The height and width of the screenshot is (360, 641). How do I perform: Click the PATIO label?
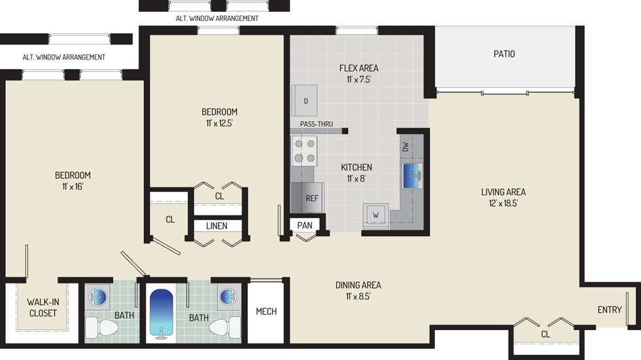(x=504, y=54)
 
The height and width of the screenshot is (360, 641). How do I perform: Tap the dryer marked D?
(x=305, y=101)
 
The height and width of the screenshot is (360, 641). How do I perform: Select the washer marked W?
(x=375, y=215)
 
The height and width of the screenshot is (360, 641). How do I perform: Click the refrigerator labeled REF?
(x=308, y=198)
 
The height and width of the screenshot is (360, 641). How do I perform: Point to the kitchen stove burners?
(x=304, y=151)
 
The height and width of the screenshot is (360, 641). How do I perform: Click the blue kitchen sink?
(x=412, y=176)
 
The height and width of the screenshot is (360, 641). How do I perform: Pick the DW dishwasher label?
(x=406, y=147)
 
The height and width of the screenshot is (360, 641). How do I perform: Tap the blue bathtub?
(x=162, y=313)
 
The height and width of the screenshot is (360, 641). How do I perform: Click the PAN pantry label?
(x=305, y=225)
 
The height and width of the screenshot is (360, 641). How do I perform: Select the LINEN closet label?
(x=217, y=226)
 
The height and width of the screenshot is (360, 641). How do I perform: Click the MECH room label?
(x=266, y=312)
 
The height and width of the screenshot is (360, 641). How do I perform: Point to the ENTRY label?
(x=610, y=310)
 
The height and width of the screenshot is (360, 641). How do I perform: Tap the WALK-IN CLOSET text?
(x=43, y=308)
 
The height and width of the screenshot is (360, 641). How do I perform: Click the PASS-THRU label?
(x=317, y=124)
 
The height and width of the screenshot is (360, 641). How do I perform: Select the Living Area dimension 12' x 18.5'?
(x=503, y=204)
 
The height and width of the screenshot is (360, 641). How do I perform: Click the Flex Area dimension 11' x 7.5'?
(x=358, y=79)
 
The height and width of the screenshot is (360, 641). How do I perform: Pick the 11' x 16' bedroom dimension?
(x=73, y=187)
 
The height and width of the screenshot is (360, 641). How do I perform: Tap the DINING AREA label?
(x=358, y=285)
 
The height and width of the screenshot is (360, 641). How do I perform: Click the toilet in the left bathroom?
(x=102, y=328)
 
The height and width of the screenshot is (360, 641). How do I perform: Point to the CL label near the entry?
(x=546, y=334)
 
